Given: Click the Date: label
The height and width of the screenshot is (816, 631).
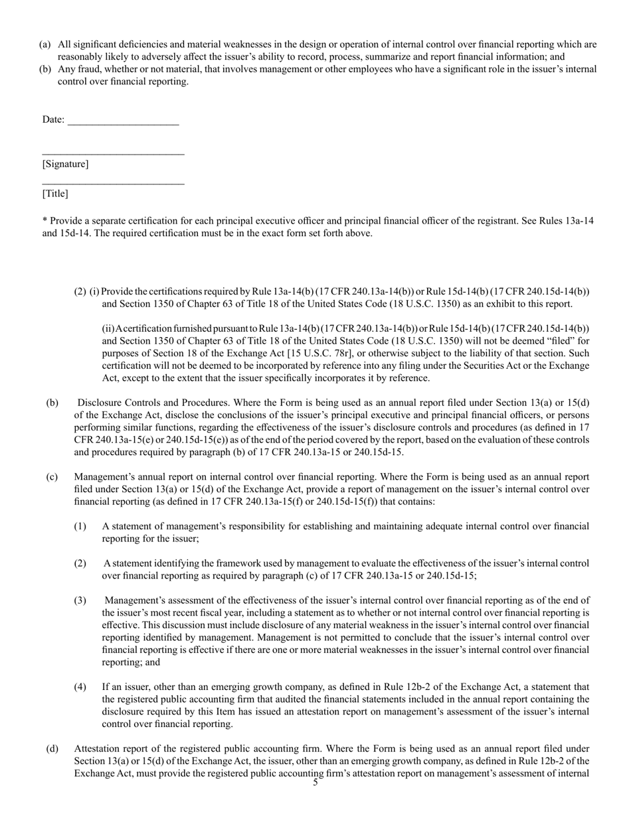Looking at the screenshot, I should (53, 119).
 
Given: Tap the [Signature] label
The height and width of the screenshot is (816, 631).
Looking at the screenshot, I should (65, 164).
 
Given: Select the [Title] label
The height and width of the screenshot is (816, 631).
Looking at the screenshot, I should (55, 194).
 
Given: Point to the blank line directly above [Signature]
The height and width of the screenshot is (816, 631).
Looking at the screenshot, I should (113, 154).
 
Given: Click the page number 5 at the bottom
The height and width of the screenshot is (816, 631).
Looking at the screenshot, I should (315, 783).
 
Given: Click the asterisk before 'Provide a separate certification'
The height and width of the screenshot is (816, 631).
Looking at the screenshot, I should (44, 221).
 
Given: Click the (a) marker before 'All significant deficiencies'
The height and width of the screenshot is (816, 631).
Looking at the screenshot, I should (45, 44).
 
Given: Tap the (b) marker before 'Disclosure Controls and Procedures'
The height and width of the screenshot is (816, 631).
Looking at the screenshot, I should (52, 403).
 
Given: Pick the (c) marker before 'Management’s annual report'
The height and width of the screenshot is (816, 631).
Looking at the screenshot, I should (52, 476).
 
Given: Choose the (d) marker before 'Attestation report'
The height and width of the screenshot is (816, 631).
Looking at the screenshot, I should (52, 749).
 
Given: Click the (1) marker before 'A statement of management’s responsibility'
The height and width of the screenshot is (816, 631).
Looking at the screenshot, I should (80, 526).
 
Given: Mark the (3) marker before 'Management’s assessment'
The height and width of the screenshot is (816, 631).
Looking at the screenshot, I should (80, 600).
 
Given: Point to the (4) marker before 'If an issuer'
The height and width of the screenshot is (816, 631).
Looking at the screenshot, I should (80, 687).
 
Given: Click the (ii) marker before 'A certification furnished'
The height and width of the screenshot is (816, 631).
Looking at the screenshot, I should (108, 328).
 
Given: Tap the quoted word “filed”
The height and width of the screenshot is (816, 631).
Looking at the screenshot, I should (555, 341).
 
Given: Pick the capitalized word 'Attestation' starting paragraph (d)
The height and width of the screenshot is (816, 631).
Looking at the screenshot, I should (98, 749).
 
